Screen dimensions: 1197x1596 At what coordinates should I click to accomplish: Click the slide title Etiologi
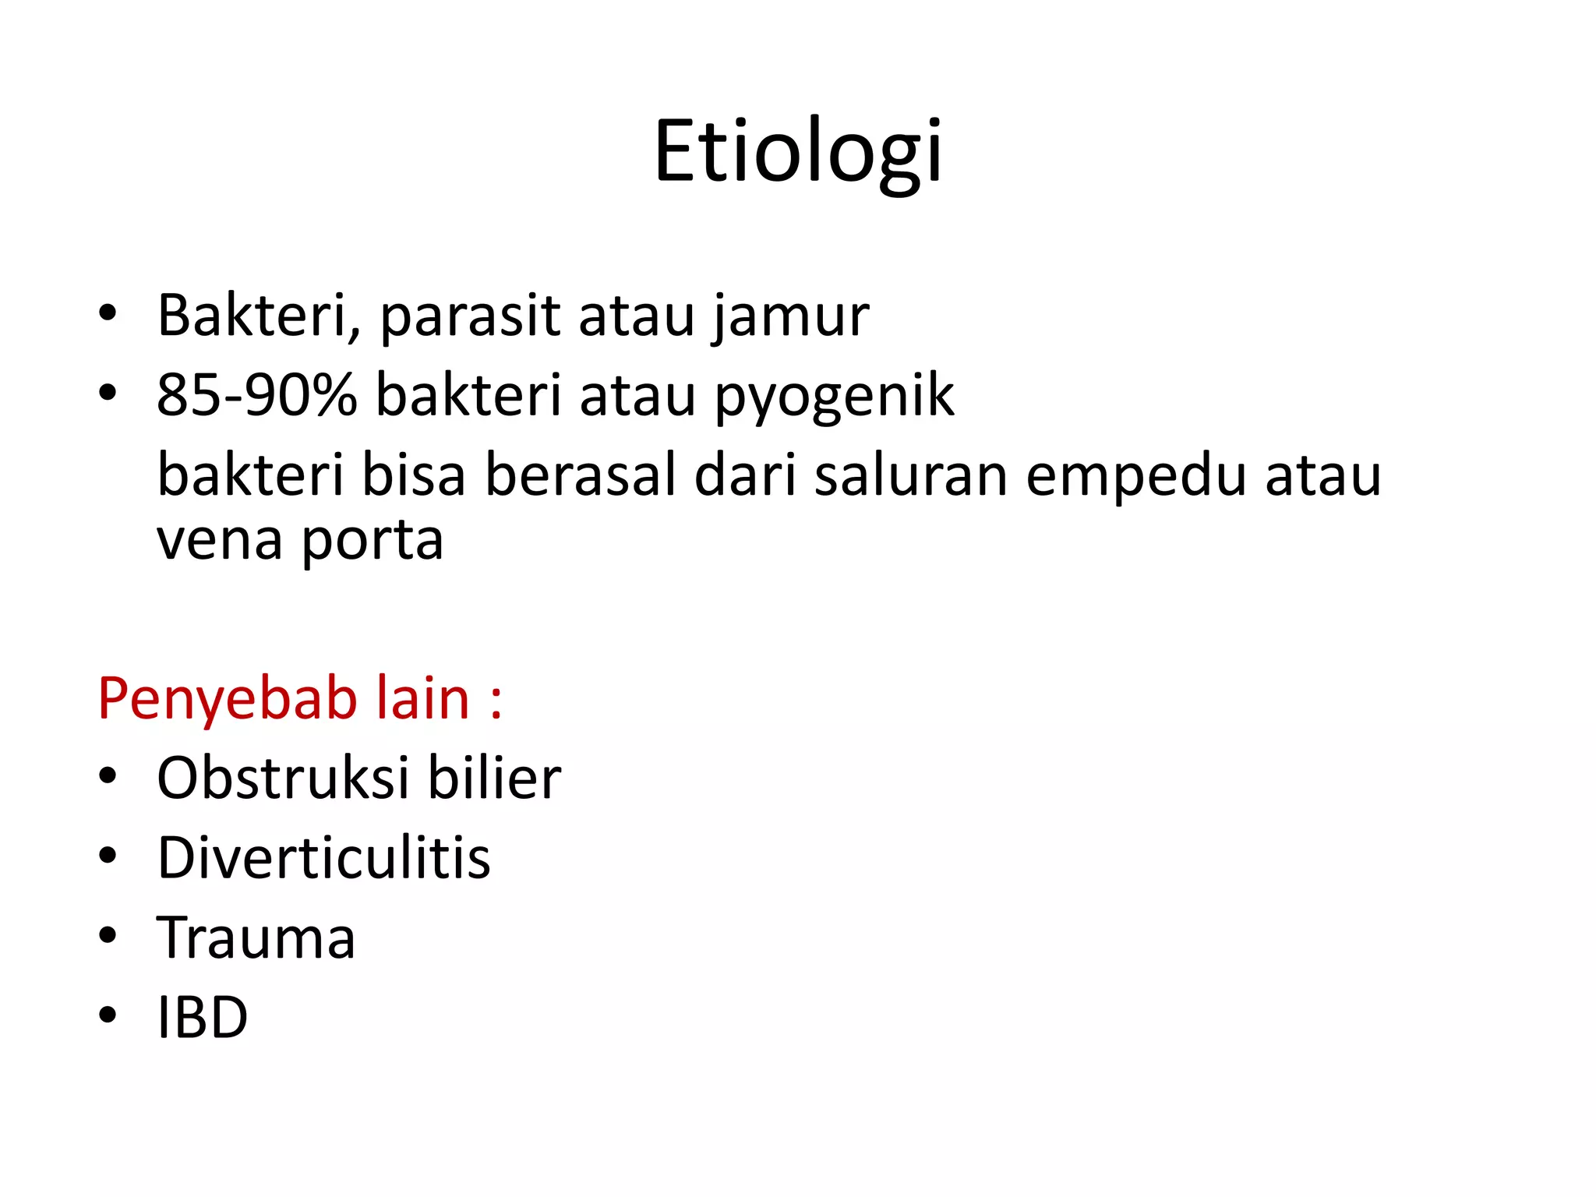point(798,152)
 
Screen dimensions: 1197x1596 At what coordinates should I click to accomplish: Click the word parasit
point(470,317)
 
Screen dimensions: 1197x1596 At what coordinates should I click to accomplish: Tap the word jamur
point(790,317)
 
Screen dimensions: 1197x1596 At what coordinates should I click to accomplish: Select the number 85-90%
point(256,395)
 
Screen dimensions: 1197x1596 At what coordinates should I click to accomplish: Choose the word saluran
point(911,475)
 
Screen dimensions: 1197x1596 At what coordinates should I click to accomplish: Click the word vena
point(219,540)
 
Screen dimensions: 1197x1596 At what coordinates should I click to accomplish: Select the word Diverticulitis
point(324,858)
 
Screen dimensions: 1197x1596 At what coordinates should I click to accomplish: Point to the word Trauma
point(256,937)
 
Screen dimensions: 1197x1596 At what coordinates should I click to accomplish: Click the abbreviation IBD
point(203,1018)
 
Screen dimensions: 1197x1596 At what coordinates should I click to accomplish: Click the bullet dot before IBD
point(108,1015)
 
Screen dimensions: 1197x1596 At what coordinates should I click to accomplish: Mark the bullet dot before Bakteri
point(108,313)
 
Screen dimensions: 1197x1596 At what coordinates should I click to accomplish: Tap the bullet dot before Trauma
point(108,935)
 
